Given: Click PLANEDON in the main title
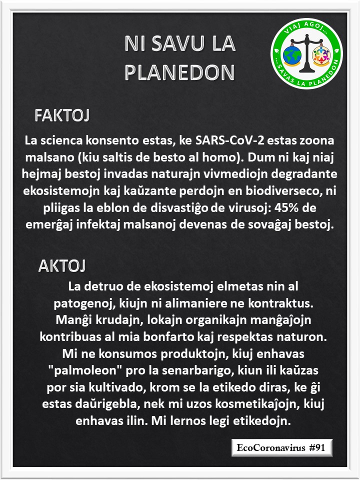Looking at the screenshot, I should point(179,72).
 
